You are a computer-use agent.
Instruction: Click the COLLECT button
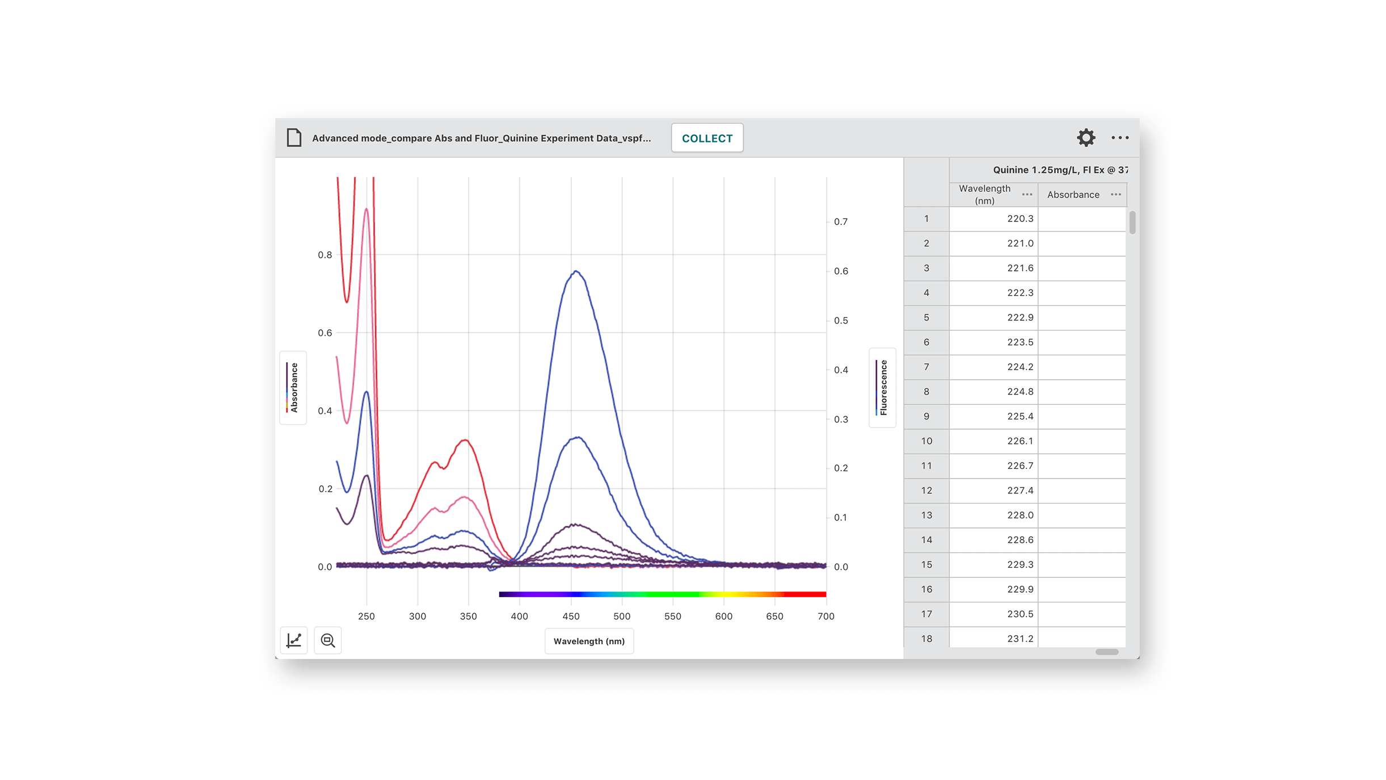pos(707,138)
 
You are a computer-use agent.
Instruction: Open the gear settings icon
pos(1085,137)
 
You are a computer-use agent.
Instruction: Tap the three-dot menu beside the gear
pos(1119,137)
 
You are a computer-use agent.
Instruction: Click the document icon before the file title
pos(294,137)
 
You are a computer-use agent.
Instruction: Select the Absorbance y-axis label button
pos(293,388)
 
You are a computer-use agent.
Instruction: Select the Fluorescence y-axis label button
pos(882,388)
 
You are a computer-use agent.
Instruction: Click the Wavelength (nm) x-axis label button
pos(589,641)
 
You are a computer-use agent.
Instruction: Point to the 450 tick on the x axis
pos(571,616)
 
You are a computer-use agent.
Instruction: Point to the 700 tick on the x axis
pos(825,616)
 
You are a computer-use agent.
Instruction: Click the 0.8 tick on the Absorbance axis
pos(325,255)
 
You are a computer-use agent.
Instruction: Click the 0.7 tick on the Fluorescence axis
pos(841,222)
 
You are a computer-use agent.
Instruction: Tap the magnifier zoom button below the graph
pos(328,640)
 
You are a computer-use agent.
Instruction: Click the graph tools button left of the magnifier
pos(294,640)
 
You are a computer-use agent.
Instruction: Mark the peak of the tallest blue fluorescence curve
pos(576,271)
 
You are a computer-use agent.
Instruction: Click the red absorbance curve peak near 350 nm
pos(465,440)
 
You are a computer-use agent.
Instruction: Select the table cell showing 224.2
pos(993,367)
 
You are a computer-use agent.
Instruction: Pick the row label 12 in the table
pos(926,490)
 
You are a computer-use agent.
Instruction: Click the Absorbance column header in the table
pos(1073,195)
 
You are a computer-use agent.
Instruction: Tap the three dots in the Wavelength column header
pos(1027,195)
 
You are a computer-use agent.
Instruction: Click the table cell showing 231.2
pos(993,638)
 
